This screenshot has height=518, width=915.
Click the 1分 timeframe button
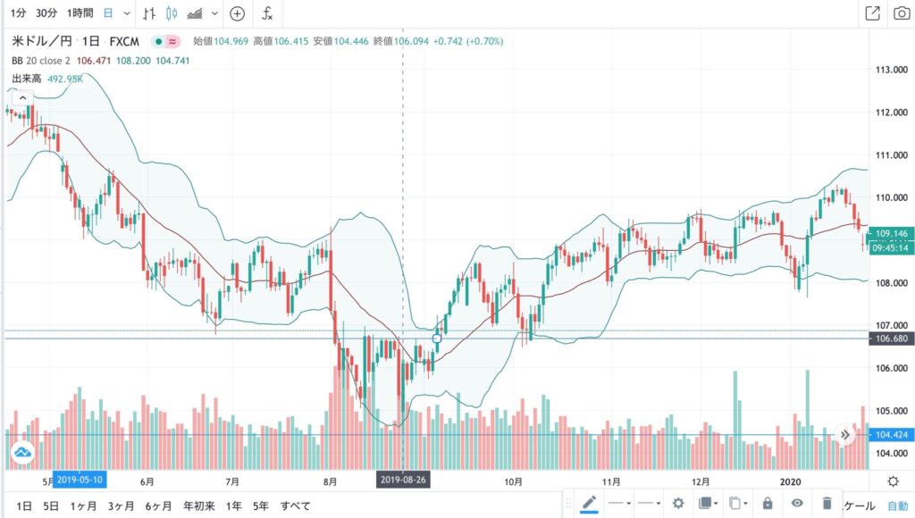[x=18, y=13]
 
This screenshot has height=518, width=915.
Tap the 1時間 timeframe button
[x=81, y=13]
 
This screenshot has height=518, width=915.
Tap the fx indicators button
[x=267, y=13]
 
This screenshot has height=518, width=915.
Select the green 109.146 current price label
[x=891, y=234]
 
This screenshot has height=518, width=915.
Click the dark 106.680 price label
[x=891, y=339]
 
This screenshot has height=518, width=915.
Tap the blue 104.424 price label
[x=891, y=435]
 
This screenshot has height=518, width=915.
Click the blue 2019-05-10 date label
[x=80, y=480]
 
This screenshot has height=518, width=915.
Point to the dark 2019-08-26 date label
[x=404, y=480]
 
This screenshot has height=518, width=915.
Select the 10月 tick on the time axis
[x=513, y=480]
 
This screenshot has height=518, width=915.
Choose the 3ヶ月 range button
[x=121, y=505]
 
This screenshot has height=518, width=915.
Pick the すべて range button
[x=296, y=505]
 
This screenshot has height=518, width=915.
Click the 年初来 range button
[x=199, y=505]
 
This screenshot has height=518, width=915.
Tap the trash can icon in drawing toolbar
[x=827, y=503]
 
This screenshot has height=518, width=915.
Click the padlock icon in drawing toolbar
[x=768, y=503]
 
